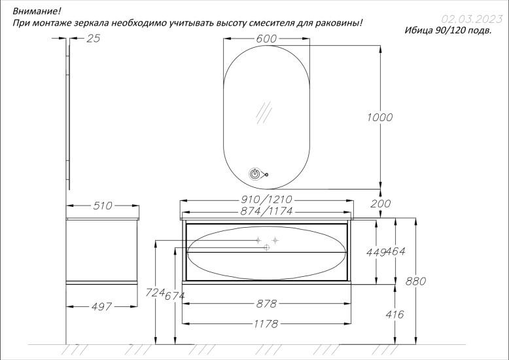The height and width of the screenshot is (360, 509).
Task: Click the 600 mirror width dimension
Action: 266,39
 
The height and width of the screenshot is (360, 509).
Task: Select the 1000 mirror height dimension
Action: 380,117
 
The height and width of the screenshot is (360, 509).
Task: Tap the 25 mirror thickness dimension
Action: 94,39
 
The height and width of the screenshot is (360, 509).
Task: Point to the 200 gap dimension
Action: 381,204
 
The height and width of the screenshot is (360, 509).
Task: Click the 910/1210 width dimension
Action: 266,199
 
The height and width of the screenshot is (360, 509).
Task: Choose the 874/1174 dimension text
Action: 266,211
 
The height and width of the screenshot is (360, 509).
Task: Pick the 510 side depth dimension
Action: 103,206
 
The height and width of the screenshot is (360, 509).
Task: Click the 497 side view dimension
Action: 101,306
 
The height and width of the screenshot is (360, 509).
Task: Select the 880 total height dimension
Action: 415,281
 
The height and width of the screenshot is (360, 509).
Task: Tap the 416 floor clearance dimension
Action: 395,315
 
